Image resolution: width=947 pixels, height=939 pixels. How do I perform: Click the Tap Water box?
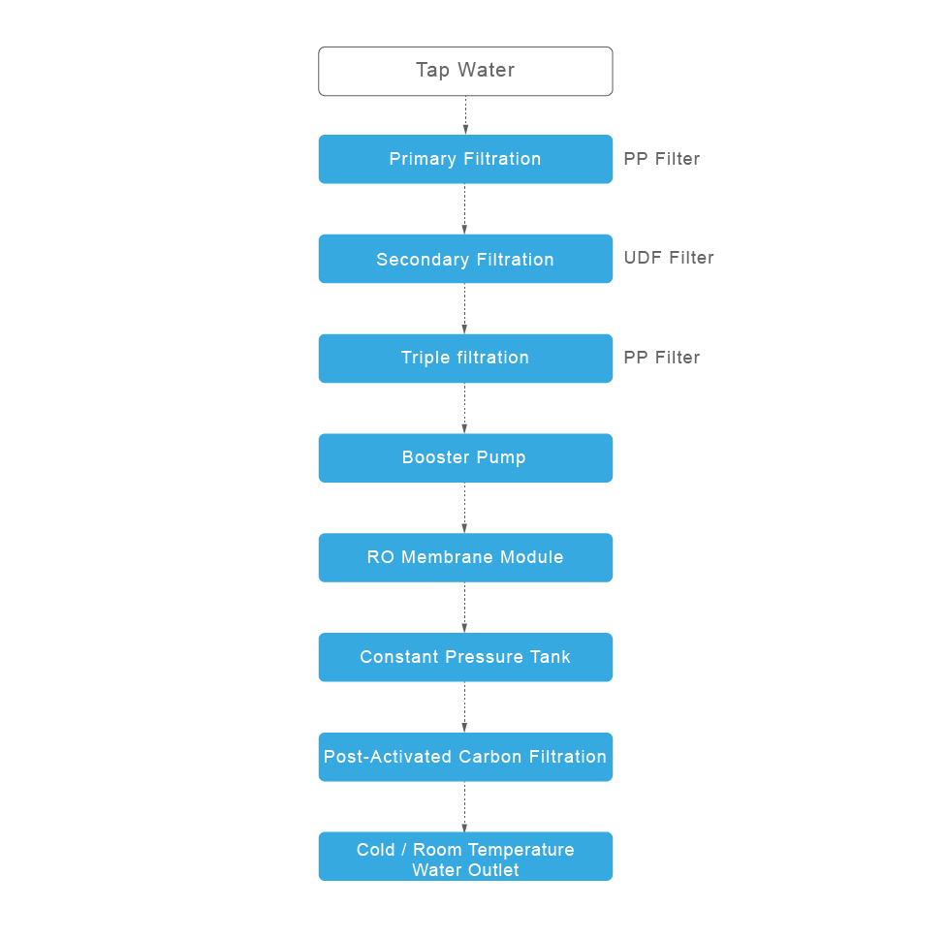pyautogui.click(x=465, y=71)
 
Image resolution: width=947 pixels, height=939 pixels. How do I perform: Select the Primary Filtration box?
pyautogui.click(x=465, y=159)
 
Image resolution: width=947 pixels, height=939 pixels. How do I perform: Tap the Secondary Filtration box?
pyautogui.click(x=465, y=259)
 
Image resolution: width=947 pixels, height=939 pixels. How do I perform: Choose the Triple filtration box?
pyautogui.click(x=465, y=358)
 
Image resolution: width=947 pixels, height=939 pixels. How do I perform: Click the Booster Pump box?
pyautogui.click(x=465, y=457)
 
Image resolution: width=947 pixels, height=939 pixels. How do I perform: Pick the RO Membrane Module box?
pyautogui.click(x=465, y=557)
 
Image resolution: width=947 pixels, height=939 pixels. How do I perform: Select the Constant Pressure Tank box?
pyautogui.click(x=465, y=657)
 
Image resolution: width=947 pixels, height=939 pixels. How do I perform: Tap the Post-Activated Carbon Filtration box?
pyautogui.click(x=465, y=757)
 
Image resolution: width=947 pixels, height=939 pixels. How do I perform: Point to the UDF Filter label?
pyautogui.click(x=669, y=258)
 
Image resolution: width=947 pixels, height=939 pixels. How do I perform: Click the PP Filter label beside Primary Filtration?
pyautogui.click(x=661, y=159)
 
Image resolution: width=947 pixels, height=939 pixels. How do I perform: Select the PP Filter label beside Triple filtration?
pyautogui.click(x=661, y=358)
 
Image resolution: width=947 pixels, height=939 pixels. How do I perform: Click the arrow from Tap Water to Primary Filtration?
pyautogui.click(x=465, y=115)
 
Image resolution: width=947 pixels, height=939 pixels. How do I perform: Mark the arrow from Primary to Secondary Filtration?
pyautogui.click(x=464, y=208)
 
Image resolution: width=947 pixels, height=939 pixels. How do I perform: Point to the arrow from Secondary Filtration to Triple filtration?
pyautogui.click(x=464, y=308)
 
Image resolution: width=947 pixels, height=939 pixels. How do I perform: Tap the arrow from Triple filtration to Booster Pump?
pyautogui.click(x=464, y=408)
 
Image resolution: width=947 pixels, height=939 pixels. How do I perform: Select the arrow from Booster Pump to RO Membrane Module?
pyautogui.click(x=464, y=508)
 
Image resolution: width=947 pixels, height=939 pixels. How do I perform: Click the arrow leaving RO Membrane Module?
pyautogui.click(x=464, y=608)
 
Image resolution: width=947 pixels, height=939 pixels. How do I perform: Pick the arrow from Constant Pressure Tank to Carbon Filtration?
pyautogui.click(x=464, y=707)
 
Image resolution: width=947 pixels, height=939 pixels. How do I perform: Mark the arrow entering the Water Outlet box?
pyautogui.click(x=464, y=807)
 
